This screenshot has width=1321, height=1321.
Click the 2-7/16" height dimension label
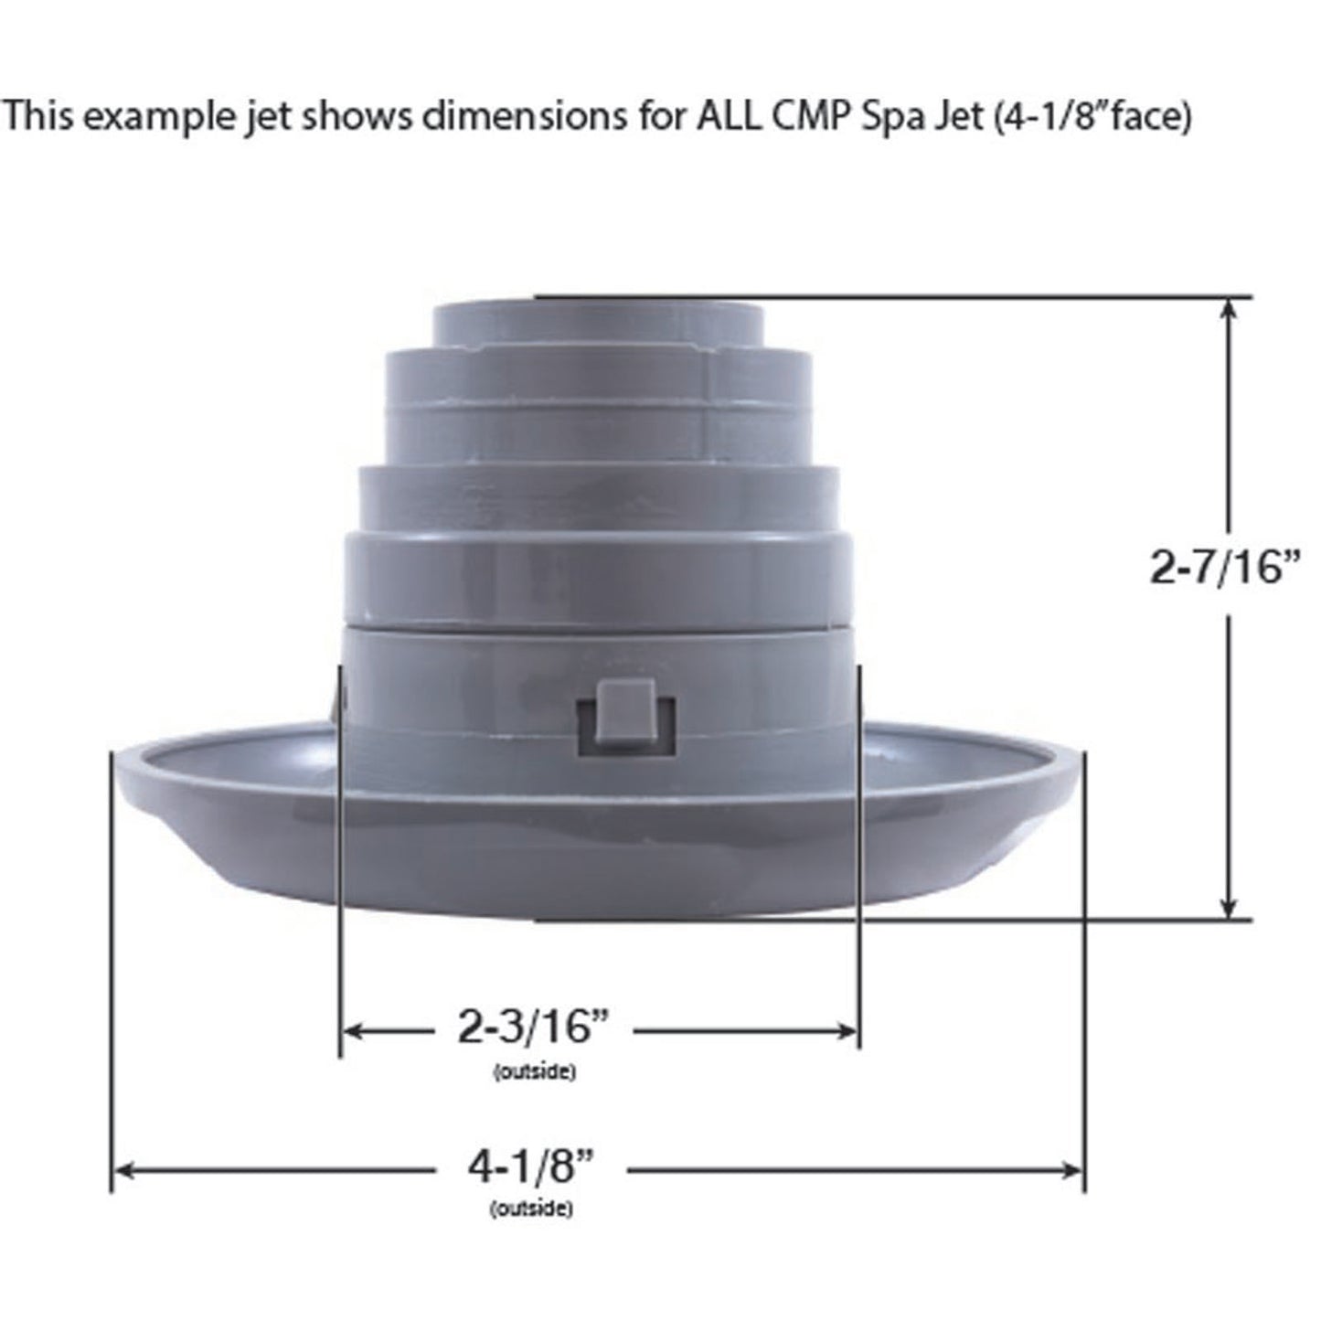[1224, 569]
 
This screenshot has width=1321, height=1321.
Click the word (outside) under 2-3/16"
[534, 1072]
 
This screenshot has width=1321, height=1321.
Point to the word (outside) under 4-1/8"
[531, 1209]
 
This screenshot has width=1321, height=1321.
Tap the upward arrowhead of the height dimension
[1230, 311]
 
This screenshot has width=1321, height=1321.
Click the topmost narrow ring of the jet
[599, 323]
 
